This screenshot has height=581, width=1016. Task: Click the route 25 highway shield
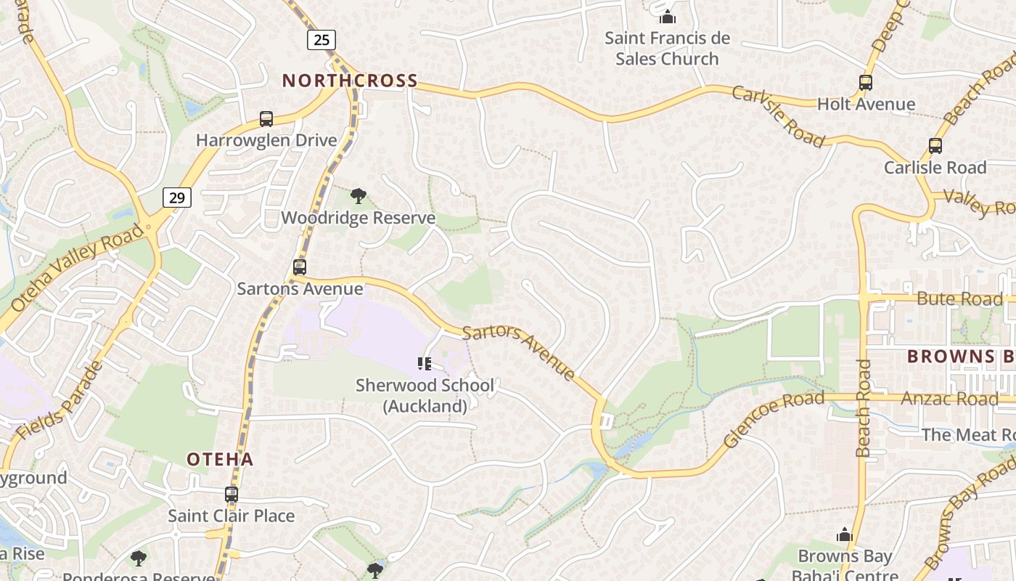pyautogui.click(x=321, y=39)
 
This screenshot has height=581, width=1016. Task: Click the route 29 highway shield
pyautogui.click(x=177, y=197)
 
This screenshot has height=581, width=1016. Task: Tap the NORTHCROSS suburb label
pyautogui.click(x=350, y=81)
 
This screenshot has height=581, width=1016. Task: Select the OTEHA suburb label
pyautogui.click(x=220, y=459)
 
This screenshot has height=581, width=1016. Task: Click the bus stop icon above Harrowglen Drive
pyautogui.click(x=266, y=118)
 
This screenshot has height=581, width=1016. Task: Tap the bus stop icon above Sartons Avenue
pyautogui.click(x=300, y=267)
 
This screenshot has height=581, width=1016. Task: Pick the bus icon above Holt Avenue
pyautogui.click(x=865, y=83)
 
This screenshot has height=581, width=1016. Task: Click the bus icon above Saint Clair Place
pyautogui.click(x=232, y=495)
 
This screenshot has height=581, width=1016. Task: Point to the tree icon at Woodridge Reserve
pyautogui.click(x=358, y=195)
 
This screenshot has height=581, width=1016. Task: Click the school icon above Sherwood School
pyautogui.click(x=425, y=363)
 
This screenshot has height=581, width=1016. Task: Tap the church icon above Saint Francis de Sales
pyautogui.click(x=668, y=16)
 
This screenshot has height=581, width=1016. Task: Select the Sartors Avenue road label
pyautogui.click(x=519, y=352)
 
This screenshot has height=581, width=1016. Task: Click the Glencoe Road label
pyautogui.click(x=774, y=419)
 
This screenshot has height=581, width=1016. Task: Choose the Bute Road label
pyautogui.click(x=959, y=298)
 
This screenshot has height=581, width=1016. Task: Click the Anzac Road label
pyautogui.click(x=949, y=399)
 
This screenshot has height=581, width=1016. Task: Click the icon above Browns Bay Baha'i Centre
pyautogui.click(x=844, y=535)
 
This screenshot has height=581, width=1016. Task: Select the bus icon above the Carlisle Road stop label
pyautogui.click(x=935, y=146)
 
